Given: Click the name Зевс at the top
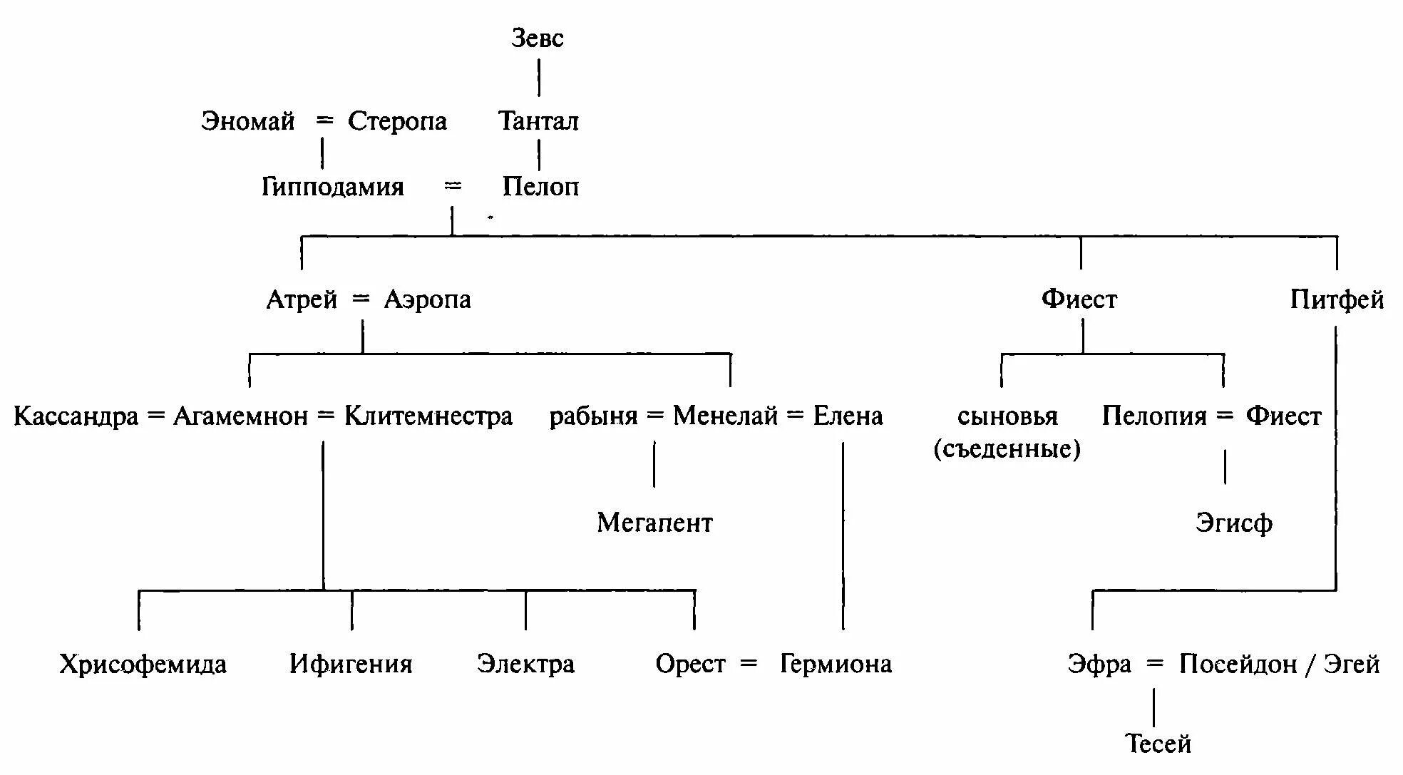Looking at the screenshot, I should pos(537,39).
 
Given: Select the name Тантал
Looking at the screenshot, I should pos(538,121).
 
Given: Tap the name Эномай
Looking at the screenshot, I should pos(247,121).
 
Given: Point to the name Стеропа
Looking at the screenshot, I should pos(397,121).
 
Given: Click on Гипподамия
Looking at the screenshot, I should pos(332,187).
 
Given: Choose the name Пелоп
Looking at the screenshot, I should pos(540,187).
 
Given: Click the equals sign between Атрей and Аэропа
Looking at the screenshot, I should pos(361,299).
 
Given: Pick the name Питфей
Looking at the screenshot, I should pos(1337,299).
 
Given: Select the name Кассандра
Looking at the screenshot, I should pos(76,416).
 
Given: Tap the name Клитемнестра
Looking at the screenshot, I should pos(428,416).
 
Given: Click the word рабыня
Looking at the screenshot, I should pos(593,416).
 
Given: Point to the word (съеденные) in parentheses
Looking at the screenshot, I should pos(1007,449).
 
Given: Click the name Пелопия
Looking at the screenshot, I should pos(1154,416).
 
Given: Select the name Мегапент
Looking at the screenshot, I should pos(654,523).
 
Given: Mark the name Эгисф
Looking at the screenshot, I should pos(1233,523).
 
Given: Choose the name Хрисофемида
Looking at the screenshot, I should pos(143,664).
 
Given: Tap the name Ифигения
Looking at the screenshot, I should pos(351,664).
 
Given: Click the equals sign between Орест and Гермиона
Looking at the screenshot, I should pos(749,664).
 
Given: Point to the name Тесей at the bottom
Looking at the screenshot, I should pos(1158,744).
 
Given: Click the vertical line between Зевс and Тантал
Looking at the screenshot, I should pos(539,78).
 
